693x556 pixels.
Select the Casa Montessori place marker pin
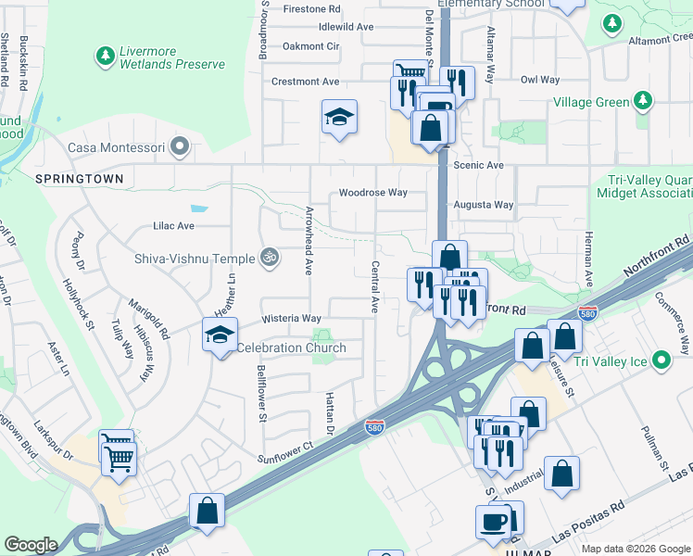[181, 146]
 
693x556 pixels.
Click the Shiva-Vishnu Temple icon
[269, 256]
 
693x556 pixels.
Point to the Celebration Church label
[291, 347]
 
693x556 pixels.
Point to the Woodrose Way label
[372, 193]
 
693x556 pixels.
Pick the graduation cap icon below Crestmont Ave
[339, 117]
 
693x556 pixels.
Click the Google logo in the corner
[31, 545]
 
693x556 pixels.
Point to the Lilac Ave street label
[173, 225]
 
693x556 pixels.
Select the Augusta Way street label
[483, 205]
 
